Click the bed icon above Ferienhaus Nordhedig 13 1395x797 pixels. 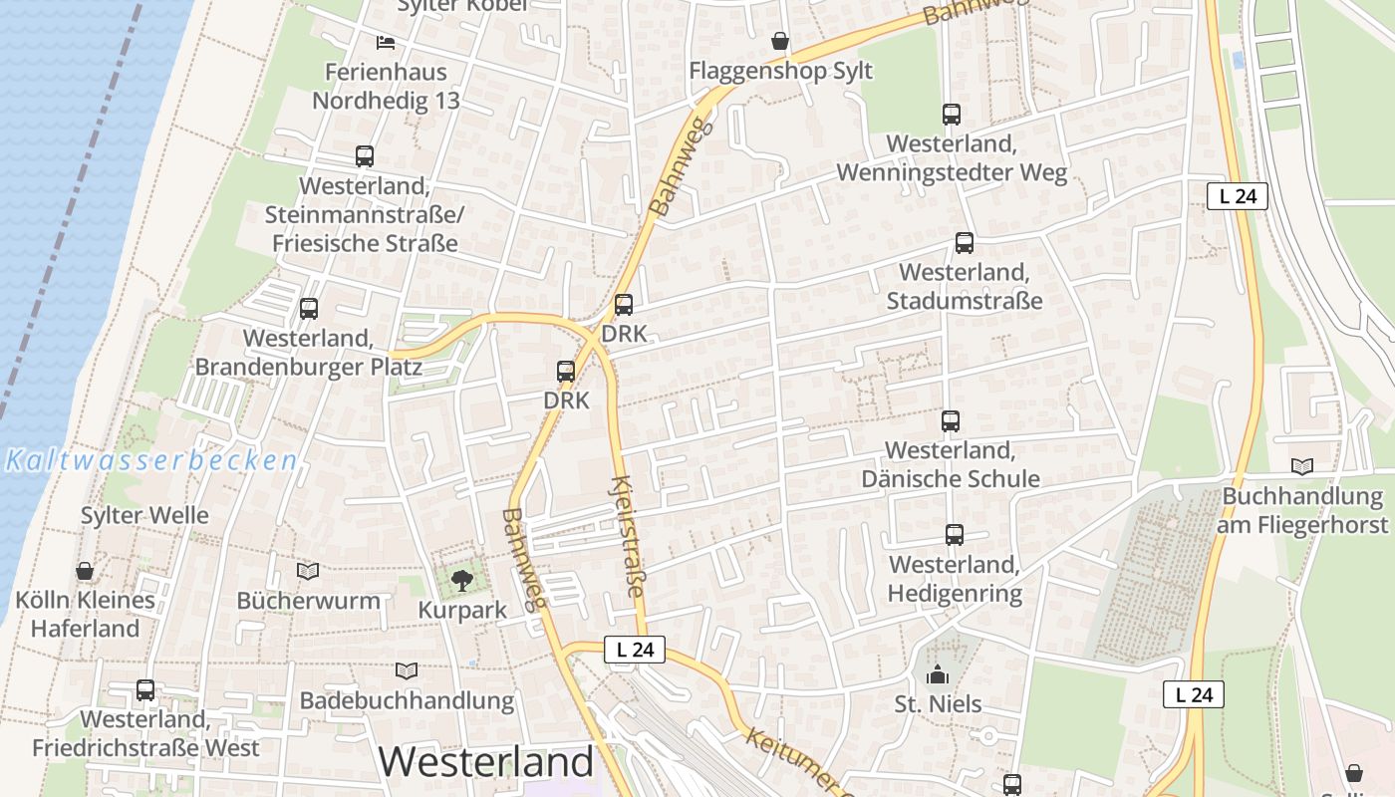click(386, 42)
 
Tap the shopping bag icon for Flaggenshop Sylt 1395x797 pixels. click(780, 41)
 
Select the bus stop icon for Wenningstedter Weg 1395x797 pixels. click(952, 115)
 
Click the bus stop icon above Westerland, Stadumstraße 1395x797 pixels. click(965, 242)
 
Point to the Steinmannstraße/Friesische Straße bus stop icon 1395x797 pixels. click(365, 156)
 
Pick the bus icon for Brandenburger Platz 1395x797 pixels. click(309, 309)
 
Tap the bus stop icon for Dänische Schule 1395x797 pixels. click(951, 421)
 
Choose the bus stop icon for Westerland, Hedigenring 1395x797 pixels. click(955, 535)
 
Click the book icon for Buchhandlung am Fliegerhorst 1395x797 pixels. click(1302, 466)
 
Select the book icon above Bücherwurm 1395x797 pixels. click(308, 571)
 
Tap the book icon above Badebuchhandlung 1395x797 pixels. click(407, 670)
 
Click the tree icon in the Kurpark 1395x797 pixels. click(461, 580)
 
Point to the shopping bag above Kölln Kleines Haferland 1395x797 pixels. click(85, 571)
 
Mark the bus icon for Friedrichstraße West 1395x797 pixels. click(145, 689)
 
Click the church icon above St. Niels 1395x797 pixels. click(938, 675)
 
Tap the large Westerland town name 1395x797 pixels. click(486, 762)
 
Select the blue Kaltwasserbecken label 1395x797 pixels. click(150, 460)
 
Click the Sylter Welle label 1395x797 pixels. click(144, 515)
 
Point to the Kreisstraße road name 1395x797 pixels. click(626, 536)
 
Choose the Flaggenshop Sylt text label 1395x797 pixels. click(780, 71)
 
